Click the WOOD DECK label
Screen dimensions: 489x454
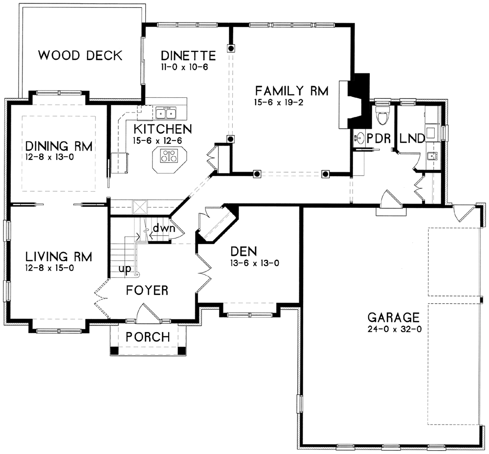coord(80,55)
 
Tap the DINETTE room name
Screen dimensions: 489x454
coord(188,56)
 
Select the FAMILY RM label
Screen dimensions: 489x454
coord(292,91)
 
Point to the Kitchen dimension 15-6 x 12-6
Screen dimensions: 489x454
coord(157,141)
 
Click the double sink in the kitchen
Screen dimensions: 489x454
coord(166,113)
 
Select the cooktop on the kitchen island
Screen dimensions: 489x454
coord(168,156)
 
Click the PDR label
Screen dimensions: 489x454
coord(378,138)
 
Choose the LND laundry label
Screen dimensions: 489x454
coord(412,138)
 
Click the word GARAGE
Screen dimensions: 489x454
coord(394,318)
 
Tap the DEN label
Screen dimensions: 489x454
coord(244,251)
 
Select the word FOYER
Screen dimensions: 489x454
coord(147,291)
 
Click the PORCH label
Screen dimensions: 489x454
coord(148,337)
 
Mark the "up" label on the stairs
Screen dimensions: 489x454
coord(125,269)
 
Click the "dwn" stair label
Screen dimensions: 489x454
coord(164,229)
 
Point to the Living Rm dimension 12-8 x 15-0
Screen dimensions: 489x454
coord(49,268)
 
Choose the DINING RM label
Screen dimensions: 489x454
coord(59,146)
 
